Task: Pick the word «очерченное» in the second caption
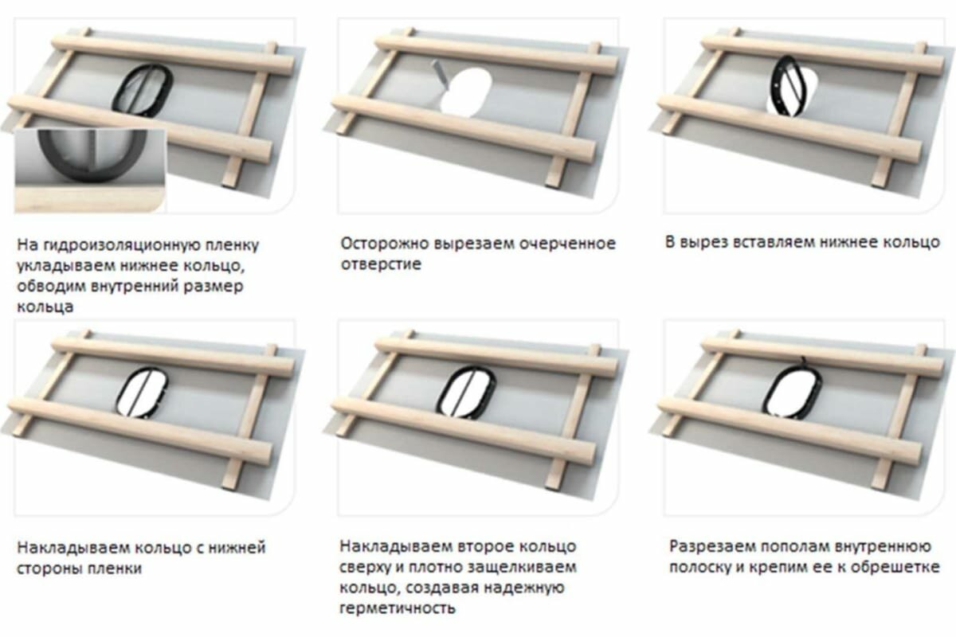(x=573, y=243)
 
